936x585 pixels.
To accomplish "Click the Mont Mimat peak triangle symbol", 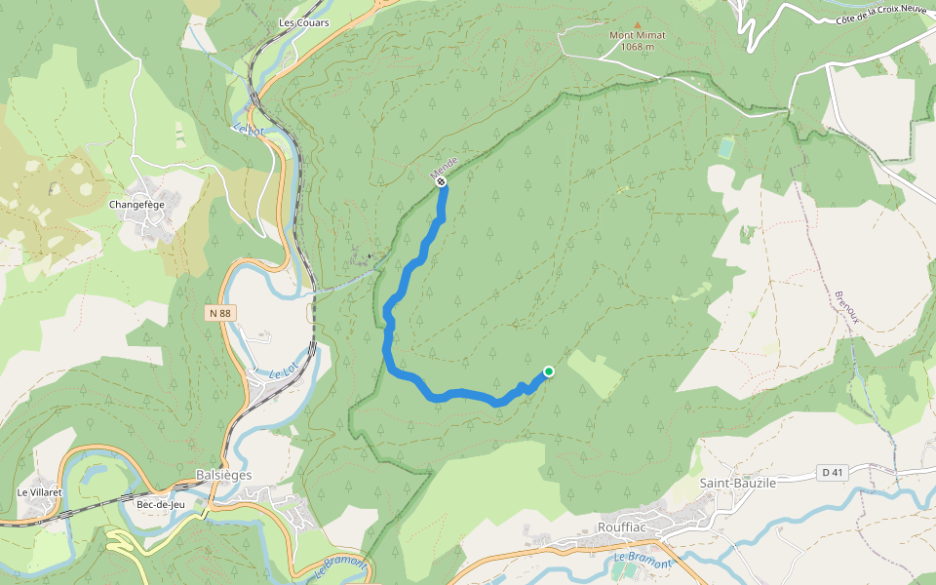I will point(638,25).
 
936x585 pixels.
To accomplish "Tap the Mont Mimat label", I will point(638,36).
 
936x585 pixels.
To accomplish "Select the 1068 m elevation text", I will point(638,47).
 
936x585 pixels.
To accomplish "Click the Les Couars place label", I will point(303,22).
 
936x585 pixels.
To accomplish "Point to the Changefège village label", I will point(136,205).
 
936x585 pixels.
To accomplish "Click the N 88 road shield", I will point(219,313).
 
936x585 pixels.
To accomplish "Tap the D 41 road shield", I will point(832,473).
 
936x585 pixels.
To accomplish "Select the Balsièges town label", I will point(223,475).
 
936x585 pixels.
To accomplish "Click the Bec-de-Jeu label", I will point(161,504).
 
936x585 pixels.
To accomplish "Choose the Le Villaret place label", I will point(40,492).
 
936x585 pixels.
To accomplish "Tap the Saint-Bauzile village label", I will point(738,483).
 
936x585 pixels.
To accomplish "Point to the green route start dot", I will point(549,371).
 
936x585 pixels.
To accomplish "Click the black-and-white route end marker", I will point(441,181).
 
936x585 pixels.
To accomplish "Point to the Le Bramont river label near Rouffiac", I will point(643,562).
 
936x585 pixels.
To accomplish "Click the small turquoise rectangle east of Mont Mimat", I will point(725,148).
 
